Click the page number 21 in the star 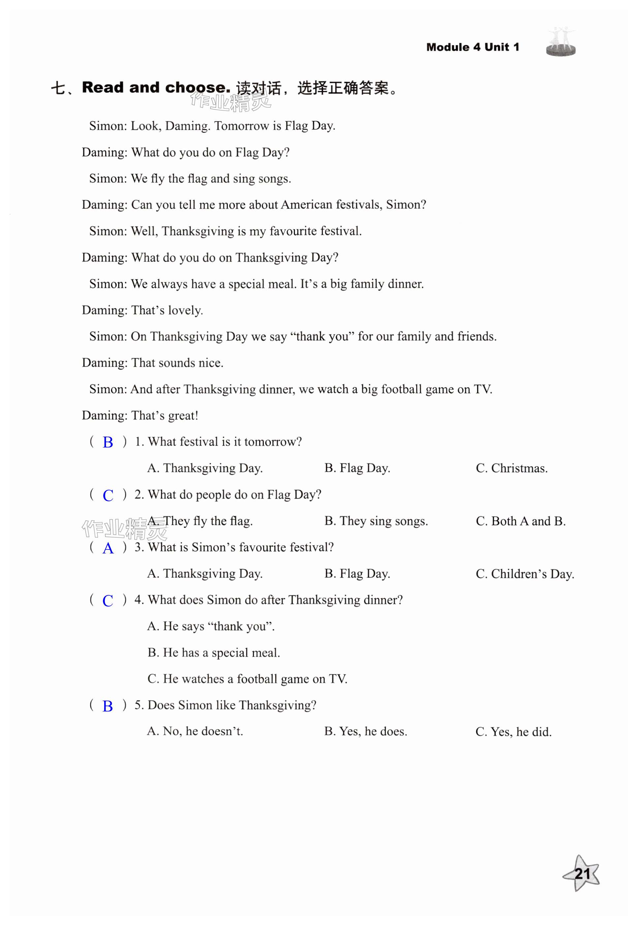click(582, 874)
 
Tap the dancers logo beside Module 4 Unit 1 click(560, 42)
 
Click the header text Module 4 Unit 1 click(473, 47)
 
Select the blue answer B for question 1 click(108, 442)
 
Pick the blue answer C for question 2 click(108, 495)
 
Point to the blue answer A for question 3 click(108, 548)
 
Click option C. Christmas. click(511, 468)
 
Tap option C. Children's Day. click(525, 574)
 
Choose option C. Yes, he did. click(513, 732)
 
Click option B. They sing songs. click(376, 521)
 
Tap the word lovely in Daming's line click(185, 310)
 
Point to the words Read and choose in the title click(156, 87)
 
